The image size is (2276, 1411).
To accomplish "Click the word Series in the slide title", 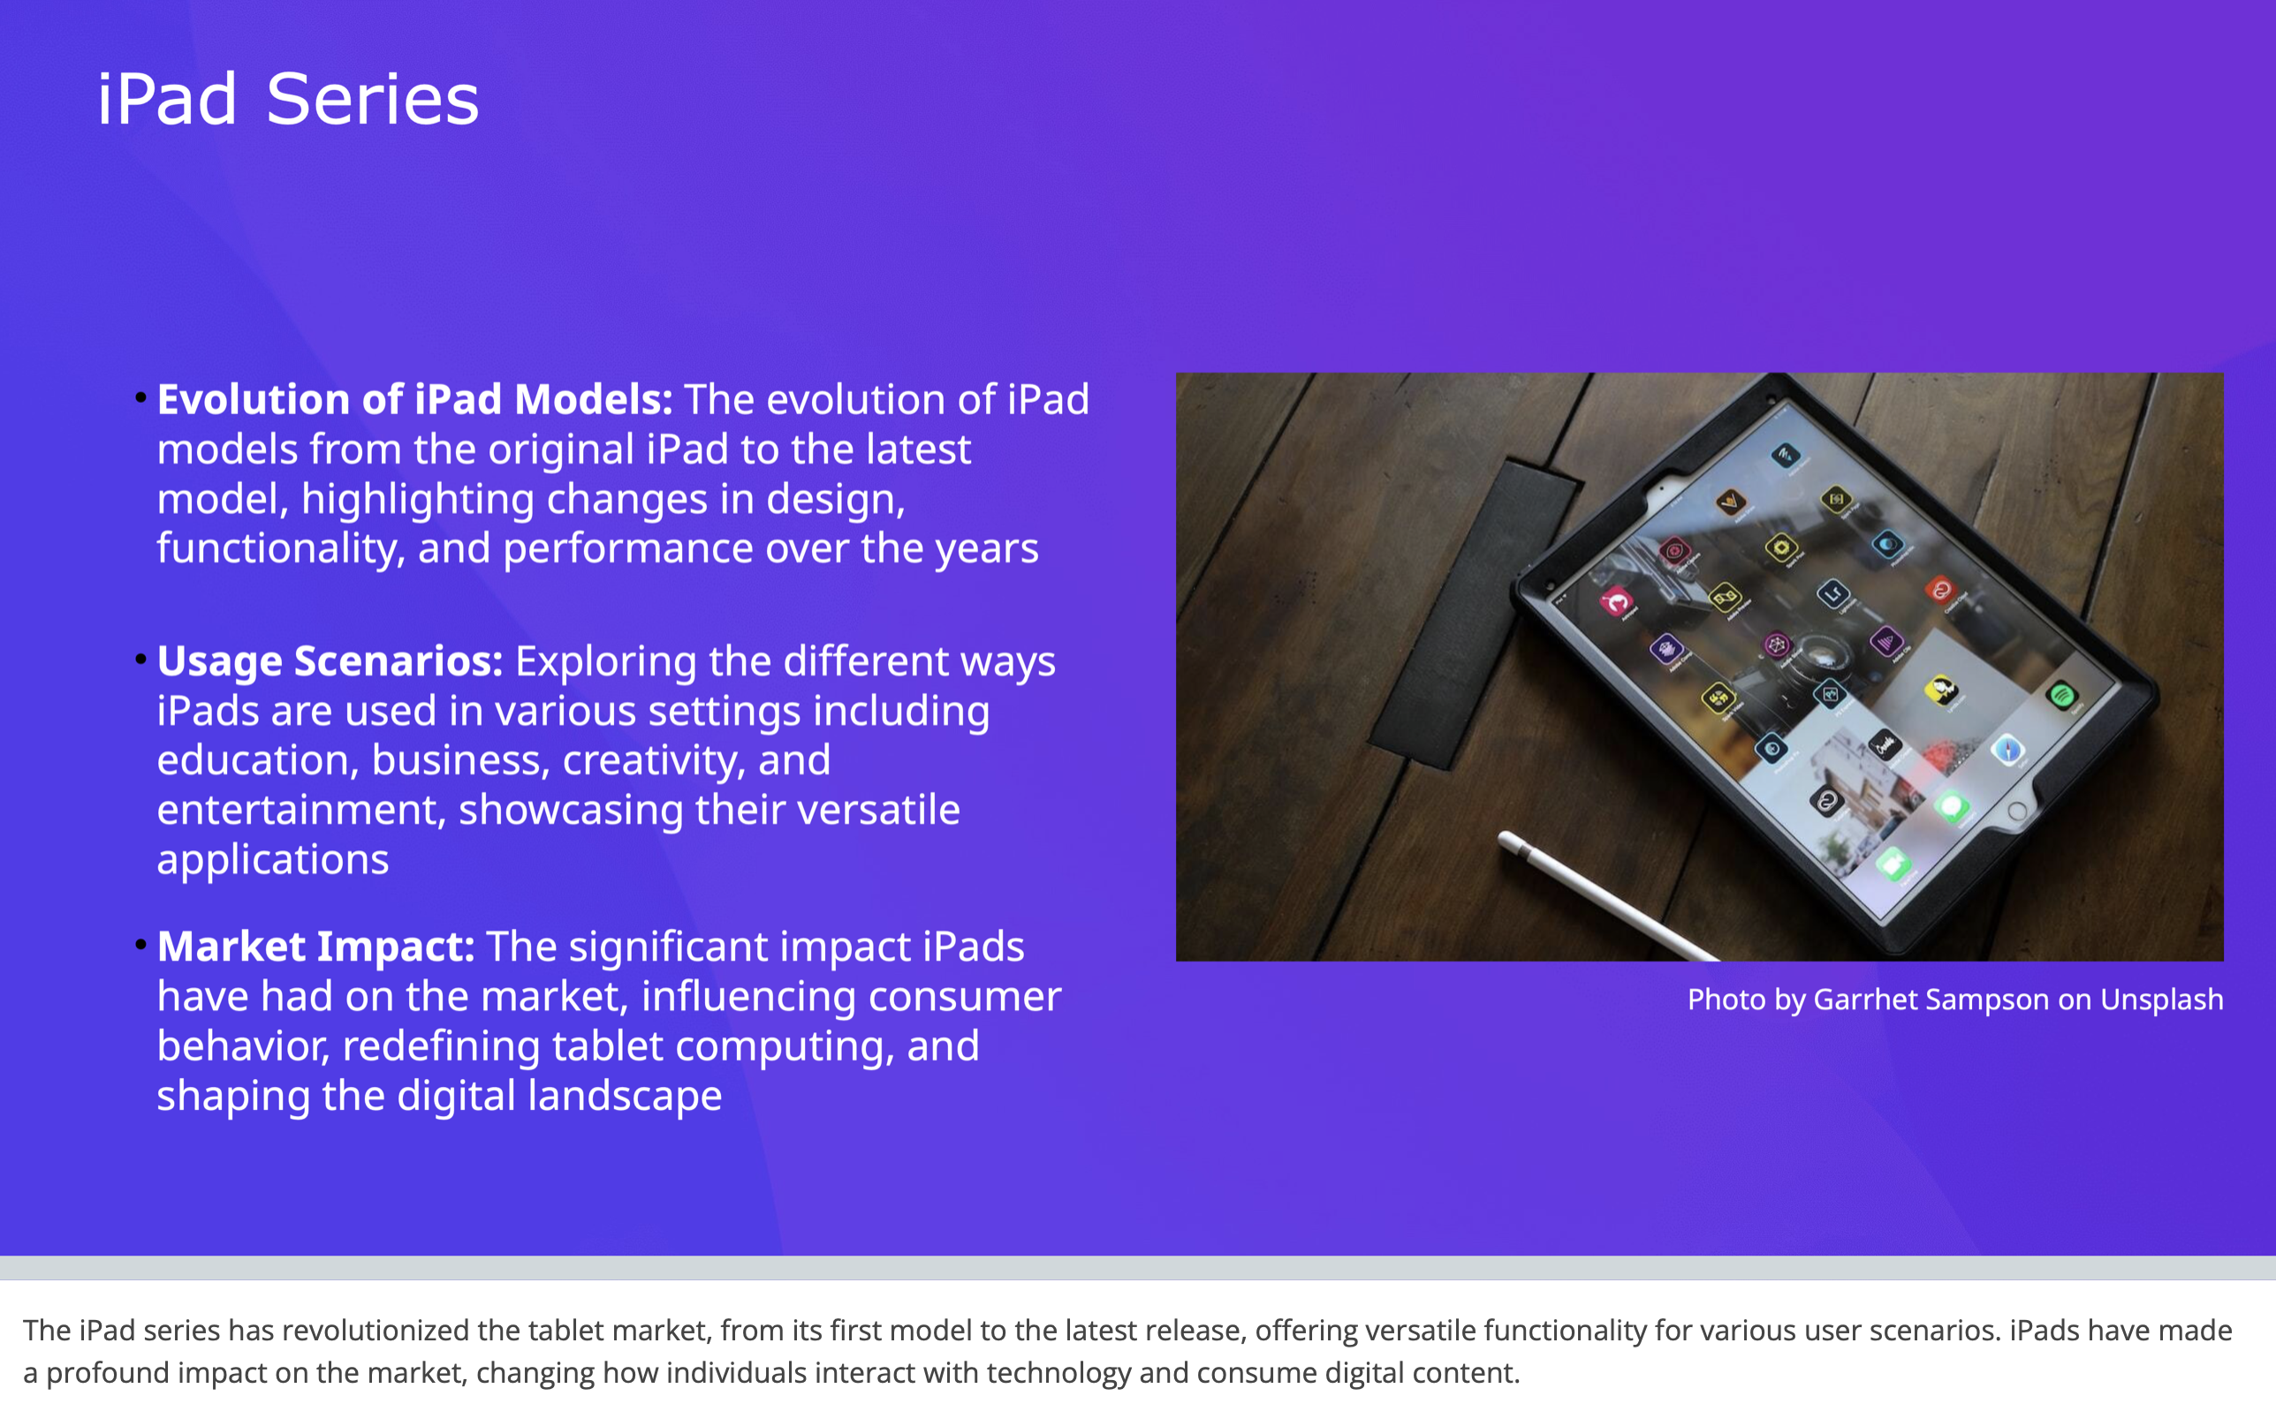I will click(x=372, y=100).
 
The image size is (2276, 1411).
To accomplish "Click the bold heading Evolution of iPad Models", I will click(x=413, y=399).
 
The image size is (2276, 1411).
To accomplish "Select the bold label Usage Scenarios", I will click(x=330, y=661).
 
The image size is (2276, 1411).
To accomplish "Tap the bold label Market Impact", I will click(x=315, y=947).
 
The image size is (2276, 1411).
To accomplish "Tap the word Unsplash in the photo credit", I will click(x=2161, y=1000).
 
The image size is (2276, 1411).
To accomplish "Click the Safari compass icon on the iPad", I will click(x=2007, y=750).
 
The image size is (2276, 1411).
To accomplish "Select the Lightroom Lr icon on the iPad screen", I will click(x=1832, y=592).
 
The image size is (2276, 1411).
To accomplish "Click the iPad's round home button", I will click(x=2017, y=811).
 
